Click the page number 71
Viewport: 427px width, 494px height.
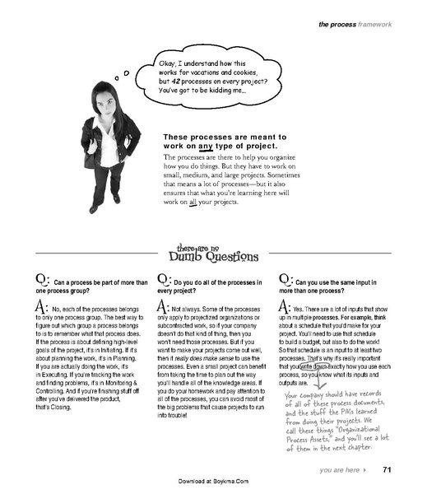coord(387,470)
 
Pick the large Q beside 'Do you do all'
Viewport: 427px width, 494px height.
coord(162,281)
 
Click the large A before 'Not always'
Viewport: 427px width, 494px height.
coord(162,306)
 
